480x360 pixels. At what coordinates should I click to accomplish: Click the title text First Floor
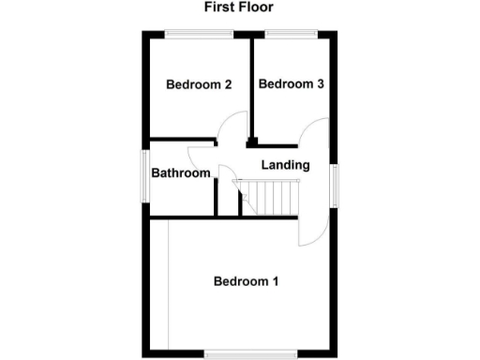[x=240, y=7]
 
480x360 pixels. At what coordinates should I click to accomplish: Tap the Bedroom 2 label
[x=199, y=84]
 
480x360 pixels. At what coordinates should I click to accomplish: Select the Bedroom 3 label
[x=292, y=84]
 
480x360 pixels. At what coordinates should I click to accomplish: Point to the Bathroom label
[x=181, y=173]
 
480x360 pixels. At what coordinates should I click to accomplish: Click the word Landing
[x=285, y=165]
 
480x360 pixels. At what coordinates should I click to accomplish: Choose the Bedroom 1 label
[x=246, y=281]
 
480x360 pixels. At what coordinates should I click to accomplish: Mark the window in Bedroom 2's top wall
[x=200, y=35]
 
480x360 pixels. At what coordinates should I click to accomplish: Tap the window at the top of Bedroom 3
[x=292, y=35]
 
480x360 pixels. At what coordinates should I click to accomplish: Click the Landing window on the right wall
[x=333, y=184]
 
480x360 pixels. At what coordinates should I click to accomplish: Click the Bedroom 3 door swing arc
[x=314, y=131]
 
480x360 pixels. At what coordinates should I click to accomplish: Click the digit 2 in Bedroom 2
[x=228, y=84]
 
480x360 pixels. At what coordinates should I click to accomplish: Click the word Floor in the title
[x=258, y=7]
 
